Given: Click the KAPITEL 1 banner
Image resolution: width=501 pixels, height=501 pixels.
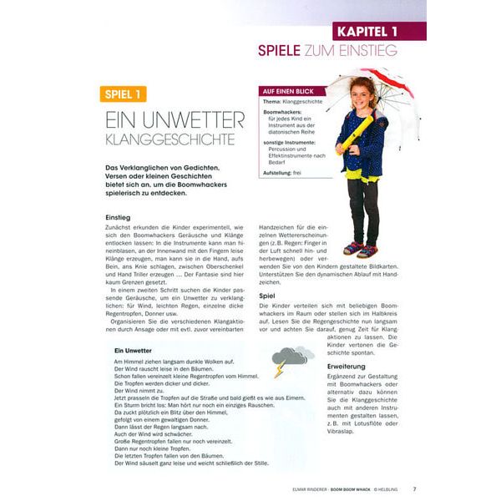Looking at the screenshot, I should click(379, 31).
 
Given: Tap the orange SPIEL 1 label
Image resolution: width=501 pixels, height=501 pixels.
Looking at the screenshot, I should click(123, 94).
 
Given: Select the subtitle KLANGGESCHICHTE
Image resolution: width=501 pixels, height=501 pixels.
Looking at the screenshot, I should click(164, 139).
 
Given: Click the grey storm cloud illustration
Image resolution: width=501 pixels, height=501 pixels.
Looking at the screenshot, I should click(293, 356).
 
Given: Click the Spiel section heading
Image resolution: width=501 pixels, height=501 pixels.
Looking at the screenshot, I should click(268, 295).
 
